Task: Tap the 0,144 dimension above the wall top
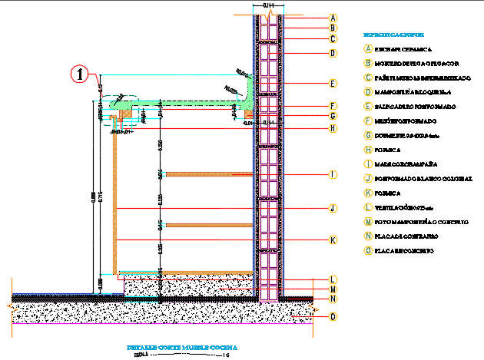tap(268, 6)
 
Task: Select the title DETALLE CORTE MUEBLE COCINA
tap(181, 348)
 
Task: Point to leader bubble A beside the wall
tap(333, 18)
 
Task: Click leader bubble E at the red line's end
tap(333, 83)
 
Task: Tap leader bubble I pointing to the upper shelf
tap(333, 175)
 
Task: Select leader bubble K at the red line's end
tap(333, 240)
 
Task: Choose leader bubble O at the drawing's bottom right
tap(333, 315)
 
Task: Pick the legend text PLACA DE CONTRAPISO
tap(407, 236)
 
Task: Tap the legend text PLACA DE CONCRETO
tap(405, 251)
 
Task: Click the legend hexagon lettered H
tap(369, 150)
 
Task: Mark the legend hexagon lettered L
tap(369, 207)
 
